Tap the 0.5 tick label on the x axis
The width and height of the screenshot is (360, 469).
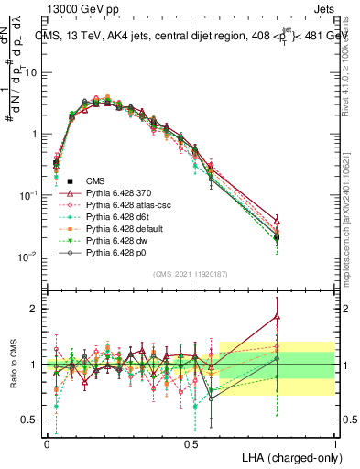point(191,443)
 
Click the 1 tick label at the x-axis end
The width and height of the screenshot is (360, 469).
point(335,443)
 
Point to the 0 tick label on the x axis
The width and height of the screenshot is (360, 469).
point(47,443)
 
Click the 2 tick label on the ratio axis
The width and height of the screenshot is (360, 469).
point(36,309)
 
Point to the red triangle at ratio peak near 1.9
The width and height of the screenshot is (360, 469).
point(278,316)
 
